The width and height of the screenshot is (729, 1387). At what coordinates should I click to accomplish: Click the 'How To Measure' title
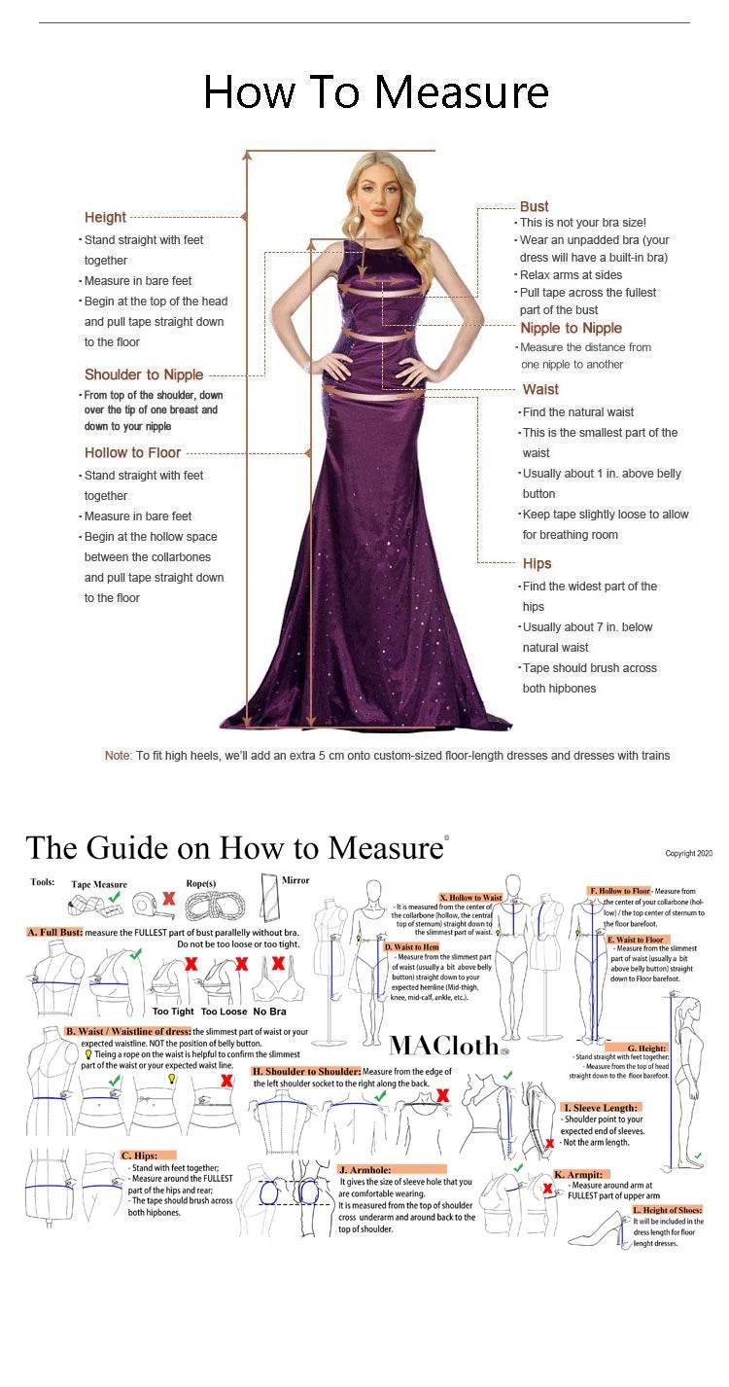pos(375,92)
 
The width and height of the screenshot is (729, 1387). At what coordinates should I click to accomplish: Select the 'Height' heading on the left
pos(105,217)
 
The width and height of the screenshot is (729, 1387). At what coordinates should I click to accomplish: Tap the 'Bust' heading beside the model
pos(534,206)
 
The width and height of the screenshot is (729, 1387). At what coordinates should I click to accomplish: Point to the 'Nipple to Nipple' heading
pos(571,328)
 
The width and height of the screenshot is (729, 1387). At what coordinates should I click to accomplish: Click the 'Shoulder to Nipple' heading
pos(144,374)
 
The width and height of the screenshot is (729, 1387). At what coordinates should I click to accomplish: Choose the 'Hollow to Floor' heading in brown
pos(132,452)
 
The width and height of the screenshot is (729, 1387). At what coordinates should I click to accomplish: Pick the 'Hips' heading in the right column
pos(537,563)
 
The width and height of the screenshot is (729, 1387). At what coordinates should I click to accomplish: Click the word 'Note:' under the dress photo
pos(118,756)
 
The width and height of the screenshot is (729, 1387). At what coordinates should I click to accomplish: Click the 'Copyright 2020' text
pos(688,853)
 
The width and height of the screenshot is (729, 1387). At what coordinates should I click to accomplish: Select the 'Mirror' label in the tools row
pos(295,880)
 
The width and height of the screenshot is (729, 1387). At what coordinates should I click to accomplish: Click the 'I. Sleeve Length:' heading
pos(601,1107)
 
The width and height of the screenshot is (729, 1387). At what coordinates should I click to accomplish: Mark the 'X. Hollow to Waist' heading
pos(470,898)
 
